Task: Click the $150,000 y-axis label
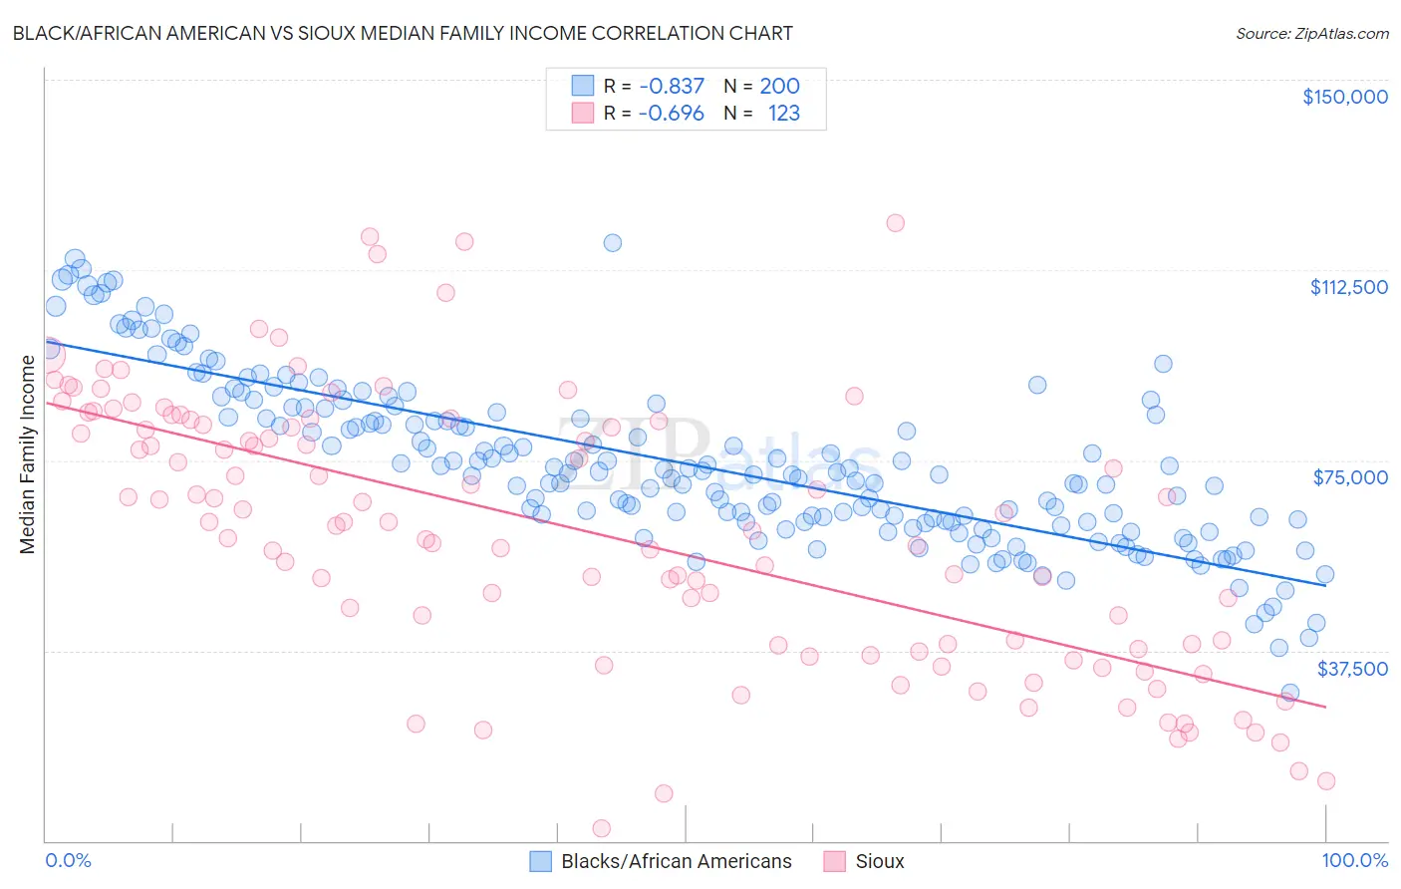tap(1344, 97)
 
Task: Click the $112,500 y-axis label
tap(1347, 287)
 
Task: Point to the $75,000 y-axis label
tap(1349, 477)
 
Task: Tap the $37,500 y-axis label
tap(1351, 669)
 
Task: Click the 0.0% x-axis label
tap(68, 860)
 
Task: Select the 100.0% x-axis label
tap(1354, 860)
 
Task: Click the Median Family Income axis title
tap(27, 454)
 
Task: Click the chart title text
tap(403, 33)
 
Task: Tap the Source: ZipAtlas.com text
tap(1311, 33)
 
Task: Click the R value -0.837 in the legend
tap(672, 87)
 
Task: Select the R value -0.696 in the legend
tap(672, 114)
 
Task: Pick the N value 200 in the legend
tap(779, 87)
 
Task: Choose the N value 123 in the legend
tap(783, 114)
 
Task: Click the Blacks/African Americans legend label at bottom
tap(676, 861)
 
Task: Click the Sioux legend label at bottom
tap(879, 861)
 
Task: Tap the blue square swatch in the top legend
tap(582, 86)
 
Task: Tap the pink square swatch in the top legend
tap(582, 113)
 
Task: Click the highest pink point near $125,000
tap(895, 223)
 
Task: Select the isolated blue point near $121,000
tap(613, 243)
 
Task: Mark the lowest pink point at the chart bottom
tap(601, 828)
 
